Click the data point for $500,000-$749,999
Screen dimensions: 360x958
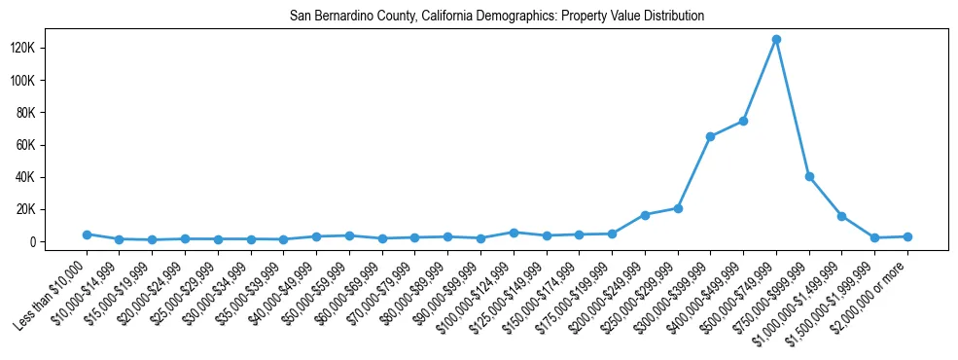point(776,40)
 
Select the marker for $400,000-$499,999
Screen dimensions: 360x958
point(743,121)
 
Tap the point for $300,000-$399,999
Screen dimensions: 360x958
point(710,137)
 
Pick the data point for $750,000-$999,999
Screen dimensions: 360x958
point(809,177)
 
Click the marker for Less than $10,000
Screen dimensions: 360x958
point(87,234)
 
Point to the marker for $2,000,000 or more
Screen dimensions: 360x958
point(907,236)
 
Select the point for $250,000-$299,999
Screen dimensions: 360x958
point(678,208)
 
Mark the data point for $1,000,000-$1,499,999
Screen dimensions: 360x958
point(842,216)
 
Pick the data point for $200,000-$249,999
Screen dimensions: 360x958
point(645,215)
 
